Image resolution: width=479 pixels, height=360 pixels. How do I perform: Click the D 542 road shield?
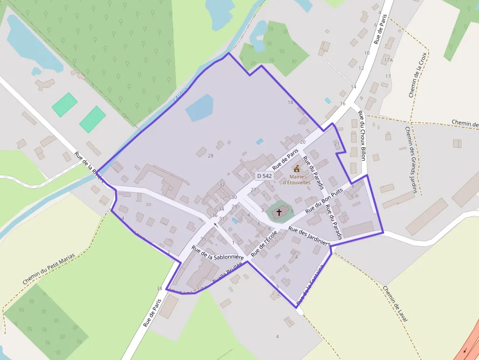264,176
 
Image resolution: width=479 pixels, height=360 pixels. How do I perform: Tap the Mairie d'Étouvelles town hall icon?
297,169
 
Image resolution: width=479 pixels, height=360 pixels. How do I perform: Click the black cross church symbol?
279,212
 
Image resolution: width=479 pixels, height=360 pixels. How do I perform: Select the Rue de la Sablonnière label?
218,253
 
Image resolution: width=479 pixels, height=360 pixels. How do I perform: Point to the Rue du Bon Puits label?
324,202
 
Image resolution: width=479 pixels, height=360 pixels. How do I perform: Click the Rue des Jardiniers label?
309,236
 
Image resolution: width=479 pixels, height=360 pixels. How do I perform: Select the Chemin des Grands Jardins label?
412,160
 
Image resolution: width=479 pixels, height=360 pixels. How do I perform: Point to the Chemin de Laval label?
395,303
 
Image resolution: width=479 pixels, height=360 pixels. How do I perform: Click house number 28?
211,156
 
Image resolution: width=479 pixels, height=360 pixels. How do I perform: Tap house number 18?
290,102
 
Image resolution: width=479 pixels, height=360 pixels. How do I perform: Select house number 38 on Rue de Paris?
159,289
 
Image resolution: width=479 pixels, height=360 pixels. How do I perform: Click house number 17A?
389,60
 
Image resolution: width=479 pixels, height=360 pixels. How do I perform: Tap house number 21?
336,144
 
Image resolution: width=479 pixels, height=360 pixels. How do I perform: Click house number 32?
222,184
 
